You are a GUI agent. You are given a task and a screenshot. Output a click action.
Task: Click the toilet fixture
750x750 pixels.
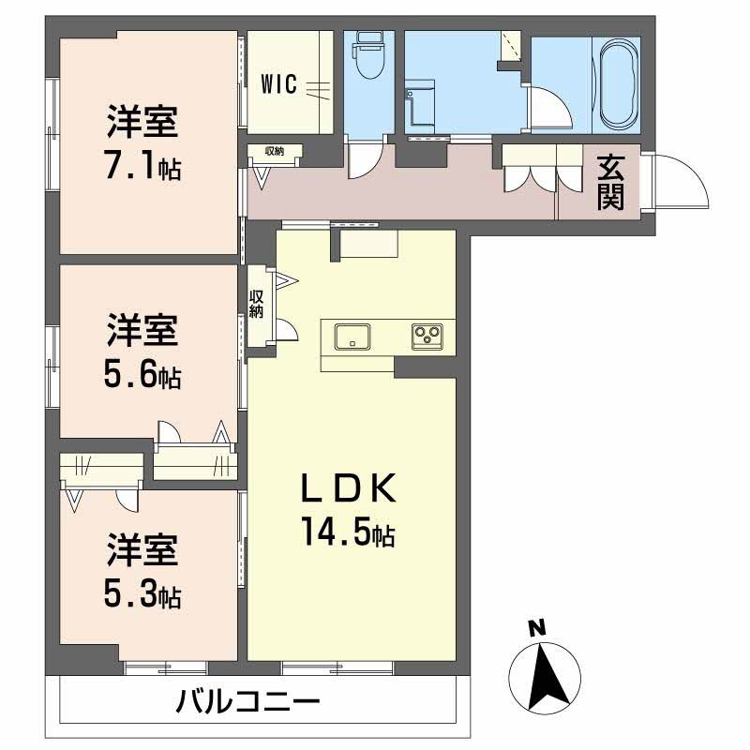(368, 55)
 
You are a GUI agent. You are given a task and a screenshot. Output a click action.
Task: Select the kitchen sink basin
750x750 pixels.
(352, 337)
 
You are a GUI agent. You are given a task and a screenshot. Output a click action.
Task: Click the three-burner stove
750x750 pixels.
(427, 337)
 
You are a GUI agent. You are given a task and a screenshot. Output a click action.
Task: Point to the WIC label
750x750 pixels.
(278, 84)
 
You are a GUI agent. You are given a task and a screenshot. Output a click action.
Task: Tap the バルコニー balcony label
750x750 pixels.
(247, 702)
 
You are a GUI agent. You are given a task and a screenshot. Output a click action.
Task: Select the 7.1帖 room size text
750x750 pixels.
(143, 165)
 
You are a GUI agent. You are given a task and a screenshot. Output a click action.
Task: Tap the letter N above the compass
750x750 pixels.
(538, 627)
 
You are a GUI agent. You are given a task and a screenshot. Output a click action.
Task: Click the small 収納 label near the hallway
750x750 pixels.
(275, 151)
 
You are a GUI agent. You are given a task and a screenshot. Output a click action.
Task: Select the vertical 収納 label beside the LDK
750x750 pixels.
(257, 304)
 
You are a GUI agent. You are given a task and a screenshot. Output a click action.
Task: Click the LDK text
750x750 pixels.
(349, 487)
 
